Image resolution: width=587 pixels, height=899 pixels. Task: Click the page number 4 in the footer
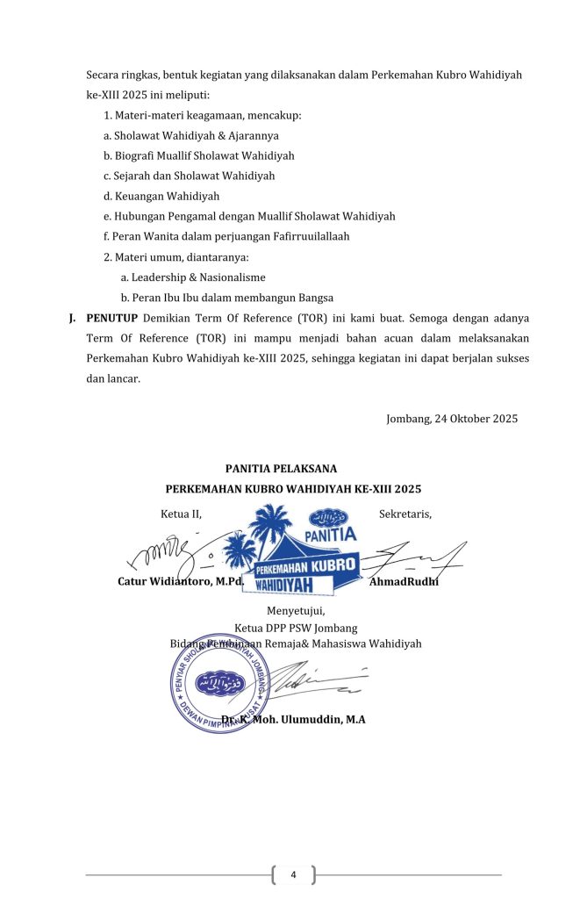coord(293,874)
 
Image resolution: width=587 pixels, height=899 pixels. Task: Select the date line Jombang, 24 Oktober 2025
coord(452,419)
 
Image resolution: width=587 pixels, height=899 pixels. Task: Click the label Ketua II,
coord(181,514)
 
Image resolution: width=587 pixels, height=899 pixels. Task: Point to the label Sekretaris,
coord(405,514)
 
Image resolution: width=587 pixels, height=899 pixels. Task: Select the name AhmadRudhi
coord(404,582)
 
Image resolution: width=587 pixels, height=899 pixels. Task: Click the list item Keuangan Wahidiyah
coord(161,197)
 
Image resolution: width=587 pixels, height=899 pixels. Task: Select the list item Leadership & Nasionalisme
coord(193,277)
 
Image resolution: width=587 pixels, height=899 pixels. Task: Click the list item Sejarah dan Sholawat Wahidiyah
coord(189,176)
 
